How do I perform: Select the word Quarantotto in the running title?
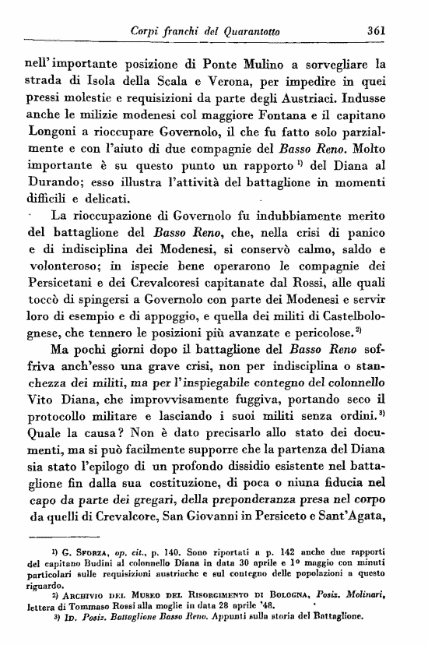point(246,30)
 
